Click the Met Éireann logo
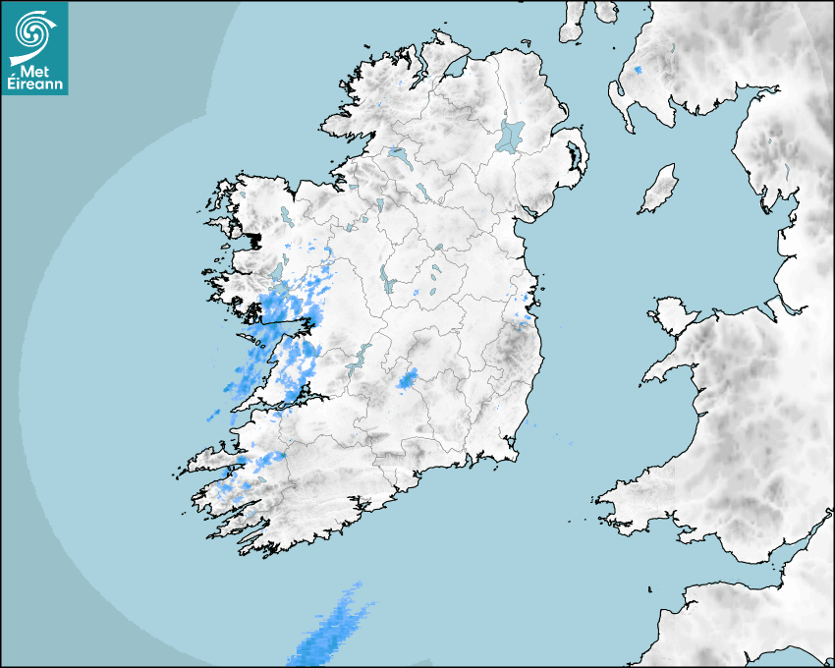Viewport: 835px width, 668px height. point(34,47)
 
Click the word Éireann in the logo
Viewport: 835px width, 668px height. point(34,84)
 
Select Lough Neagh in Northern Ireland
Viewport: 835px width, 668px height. point(511,135)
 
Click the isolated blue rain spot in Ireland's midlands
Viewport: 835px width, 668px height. point(406,377)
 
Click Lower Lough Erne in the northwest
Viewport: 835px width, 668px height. point(398,155)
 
